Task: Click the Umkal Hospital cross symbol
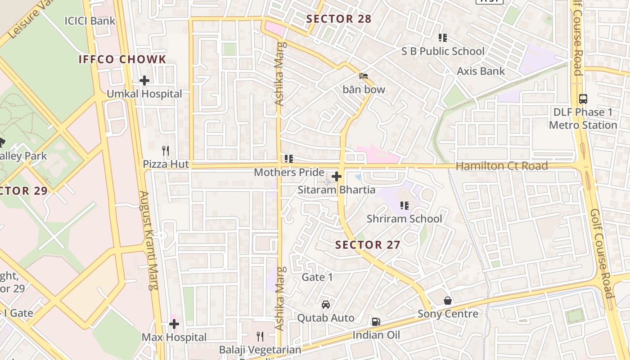pyautogui.click(x=144, y=81)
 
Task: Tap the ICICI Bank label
pyautogui.click(x=90, y=21)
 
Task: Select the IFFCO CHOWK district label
pyautogui.click(x=122, y=59)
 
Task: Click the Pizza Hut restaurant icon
pyautogui.click(x=166, y=150)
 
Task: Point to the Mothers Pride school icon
pyautogui.click(x=289, y=159)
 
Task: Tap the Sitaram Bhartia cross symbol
pyautogui.click(x=337, y=176)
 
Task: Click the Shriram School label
pyautogui.click(x=404, y=219)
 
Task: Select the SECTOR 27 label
pyautogui.click(x=368, y=245)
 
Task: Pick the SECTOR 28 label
pyautogui.click(x=338, y=19)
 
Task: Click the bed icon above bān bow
pyautogui.click(x=364, y=76)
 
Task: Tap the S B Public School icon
pyautogui.click(x=443, y=38)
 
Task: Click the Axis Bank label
pyautogui.click(x=481, y=71)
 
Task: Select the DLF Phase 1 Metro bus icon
pyautogui.click(x=583, y=99)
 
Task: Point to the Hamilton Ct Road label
pyautogui.click(x=502, y=166)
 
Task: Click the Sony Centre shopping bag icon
pyautogui.click(x=448, y=300)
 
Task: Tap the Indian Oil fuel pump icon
pyautogui.click(x=376, y=321)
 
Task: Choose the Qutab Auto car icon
pyautogui.click(x=326, y=305)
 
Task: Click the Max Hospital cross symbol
pyautogui.click(x=174, y=324)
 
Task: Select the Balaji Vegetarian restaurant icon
pyautogui.click(x=260, y=336)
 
